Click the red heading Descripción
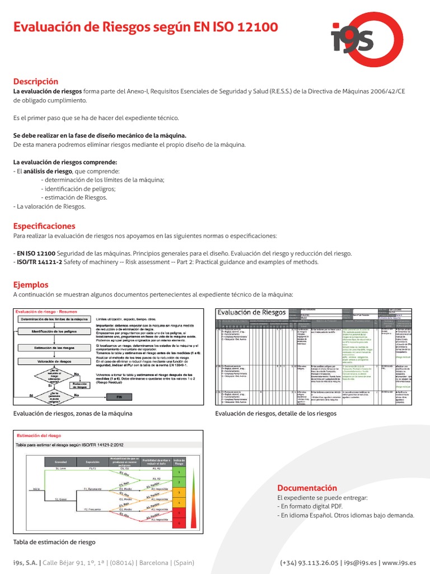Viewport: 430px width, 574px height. click(x=35, y=81)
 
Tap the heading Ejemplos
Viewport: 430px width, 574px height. click(x=31, y=285)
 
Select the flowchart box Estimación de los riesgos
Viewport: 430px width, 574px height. click(x=54, y=347)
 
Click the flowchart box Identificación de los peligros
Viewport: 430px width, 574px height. click(x=54, y=332)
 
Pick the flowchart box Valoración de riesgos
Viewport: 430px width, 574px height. click(x=54, y=362)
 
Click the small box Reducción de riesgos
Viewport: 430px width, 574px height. click(x=82, y=385)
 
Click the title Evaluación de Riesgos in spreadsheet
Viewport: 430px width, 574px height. click(x=251, y=312)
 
